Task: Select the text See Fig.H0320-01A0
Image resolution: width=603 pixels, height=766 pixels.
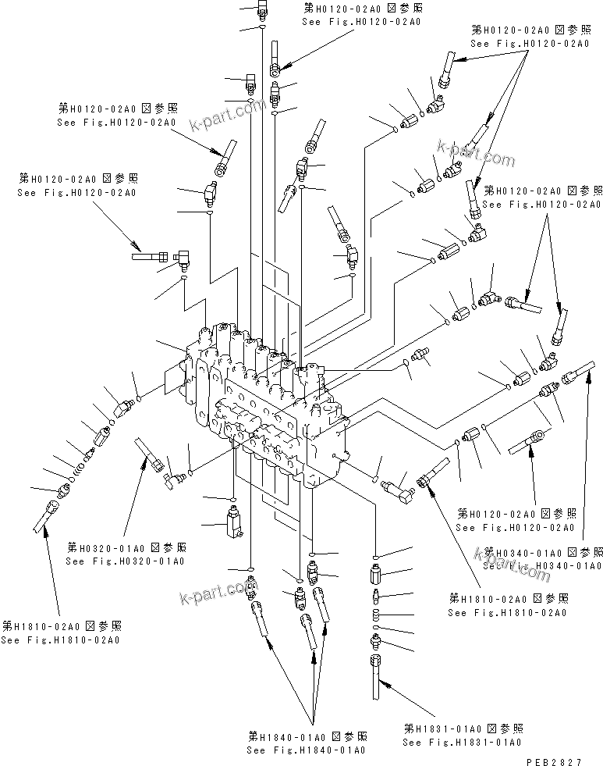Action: click(126, 561)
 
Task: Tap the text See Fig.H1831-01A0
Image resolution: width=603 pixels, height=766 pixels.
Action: click(463, 742)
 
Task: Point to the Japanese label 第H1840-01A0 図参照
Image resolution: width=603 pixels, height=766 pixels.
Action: click(307, 736)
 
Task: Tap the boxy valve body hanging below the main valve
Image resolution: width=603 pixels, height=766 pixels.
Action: click(233, 523)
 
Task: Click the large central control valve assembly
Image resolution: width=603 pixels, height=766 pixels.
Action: click(265, 406)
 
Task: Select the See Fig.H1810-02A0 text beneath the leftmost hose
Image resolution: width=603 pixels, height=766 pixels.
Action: click(60, 640)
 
